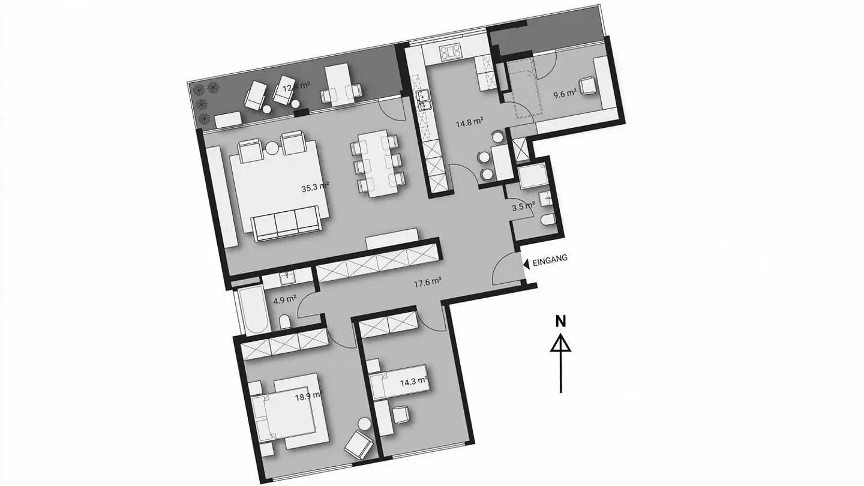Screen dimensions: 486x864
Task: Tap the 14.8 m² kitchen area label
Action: click(469, 123)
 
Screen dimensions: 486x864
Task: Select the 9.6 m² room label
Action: click(564, 94)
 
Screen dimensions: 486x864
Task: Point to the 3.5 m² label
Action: click(523, 206)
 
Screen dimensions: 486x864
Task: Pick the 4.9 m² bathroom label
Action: click(284, 298)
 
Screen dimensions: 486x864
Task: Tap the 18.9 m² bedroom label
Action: click(308, 395)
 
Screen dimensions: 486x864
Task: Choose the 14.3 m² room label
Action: click(413, 380)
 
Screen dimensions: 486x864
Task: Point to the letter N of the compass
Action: click(560, 321)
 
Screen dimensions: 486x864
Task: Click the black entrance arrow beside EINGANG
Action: click(526, 263)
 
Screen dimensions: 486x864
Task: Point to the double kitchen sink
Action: click(425, 99)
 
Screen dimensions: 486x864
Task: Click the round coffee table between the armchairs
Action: click(272, 147)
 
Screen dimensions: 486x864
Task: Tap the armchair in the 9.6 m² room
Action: click(587, 87)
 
